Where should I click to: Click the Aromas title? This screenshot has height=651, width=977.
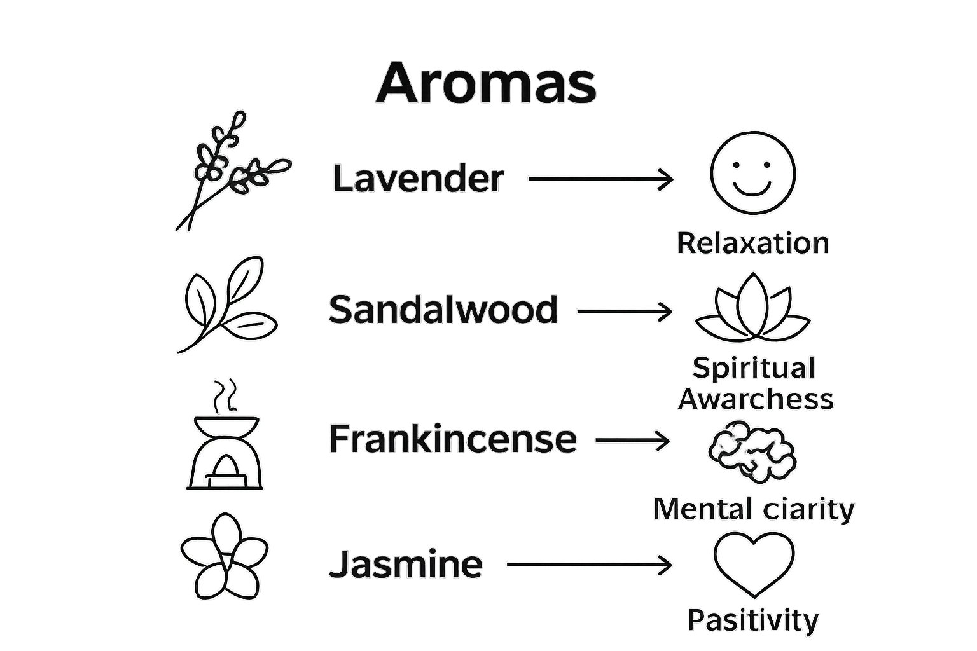click(x=487, y=83)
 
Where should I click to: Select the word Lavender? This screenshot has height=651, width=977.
click(x=418, y=179)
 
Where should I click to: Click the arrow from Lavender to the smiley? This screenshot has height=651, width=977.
click(x=600, y=179)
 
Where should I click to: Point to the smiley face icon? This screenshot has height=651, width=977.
click(x=752, y=173)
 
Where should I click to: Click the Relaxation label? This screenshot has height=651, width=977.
click(x=752, y=243)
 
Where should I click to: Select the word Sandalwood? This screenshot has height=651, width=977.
click(x=443, y=310)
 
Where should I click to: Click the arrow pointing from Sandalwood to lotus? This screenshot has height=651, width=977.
click(x=624, y=312)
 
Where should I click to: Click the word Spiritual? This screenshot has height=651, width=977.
click(x=753, y=368)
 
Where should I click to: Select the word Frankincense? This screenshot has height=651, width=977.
click(x=452, y=439)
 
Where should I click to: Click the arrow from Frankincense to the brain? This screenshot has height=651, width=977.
click(x=633, y=440)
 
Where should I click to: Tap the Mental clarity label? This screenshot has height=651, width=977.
click(x=754, y=509)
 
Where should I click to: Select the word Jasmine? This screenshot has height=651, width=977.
click(x=406, y=564)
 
